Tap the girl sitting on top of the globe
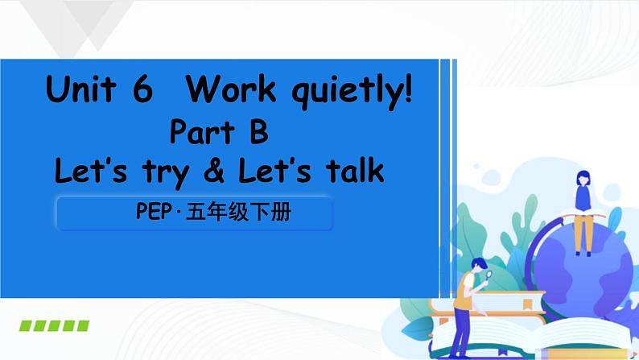click(583, 205)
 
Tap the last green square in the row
click(82, 325)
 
